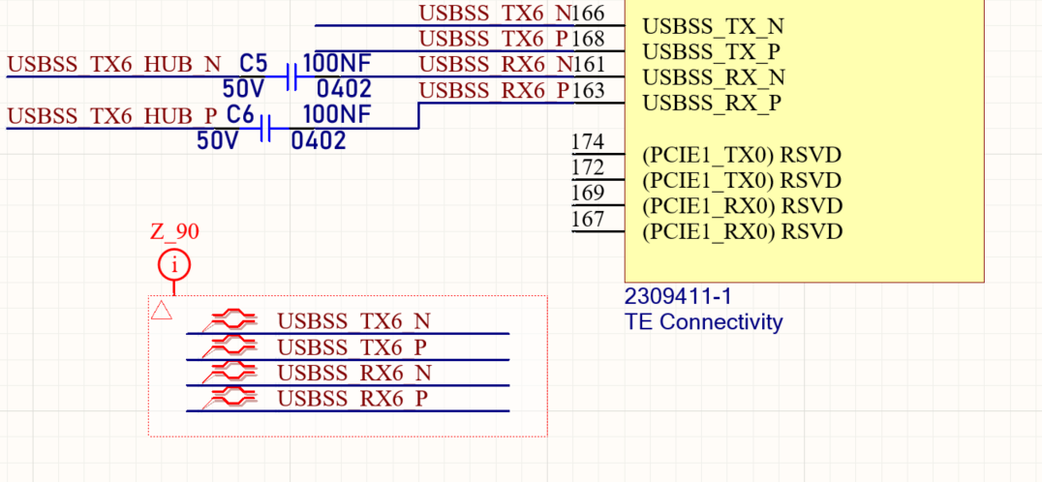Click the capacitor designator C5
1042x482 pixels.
[x=253, y=64]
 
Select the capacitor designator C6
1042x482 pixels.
[x=240, y=115]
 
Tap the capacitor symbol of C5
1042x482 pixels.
[x=291, y=76]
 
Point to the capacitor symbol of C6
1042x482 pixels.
[x=265, y=128]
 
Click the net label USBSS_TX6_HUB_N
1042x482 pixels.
[x=113, y=65]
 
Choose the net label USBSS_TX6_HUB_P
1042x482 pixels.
[x=111, y=116]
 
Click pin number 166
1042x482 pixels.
[x=588, y=13]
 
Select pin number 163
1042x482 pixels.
[x=588, y=90]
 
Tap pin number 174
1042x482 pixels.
[x=588, y=141]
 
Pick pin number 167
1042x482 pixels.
[x=588, y=219]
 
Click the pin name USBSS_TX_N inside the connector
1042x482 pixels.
[x=713, y=26]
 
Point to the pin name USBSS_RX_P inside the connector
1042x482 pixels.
[x=712, y=104]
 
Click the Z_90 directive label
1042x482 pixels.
[x=174, y=231]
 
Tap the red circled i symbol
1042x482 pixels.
[x=174, y=265]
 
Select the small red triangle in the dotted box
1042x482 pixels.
[x=162, y=310]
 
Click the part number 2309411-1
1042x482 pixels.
[x=679, y=296]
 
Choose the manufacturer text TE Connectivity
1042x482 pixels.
[x=704, y=322]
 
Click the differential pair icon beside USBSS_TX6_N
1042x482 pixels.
[x=230, y=321]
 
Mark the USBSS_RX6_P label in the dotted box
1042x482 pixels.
[x=352, y=399]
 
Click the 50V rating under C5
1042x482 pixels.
[x=243, y=88]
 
